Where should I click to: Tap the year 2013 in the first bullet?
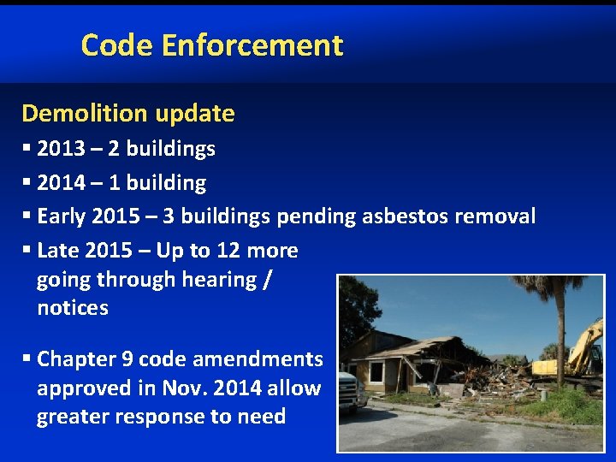61,149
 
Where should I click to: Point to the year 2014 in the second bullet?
61,183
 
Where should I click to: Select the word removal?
495,216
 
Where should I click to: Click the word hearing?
222,280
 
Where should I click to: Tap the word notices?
73,308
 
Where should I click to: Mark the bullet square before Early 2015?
27,217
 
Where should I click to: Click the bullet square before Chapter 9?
27,359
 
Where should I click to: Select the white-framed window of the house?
375,372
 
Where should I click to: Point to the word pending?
315,217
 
